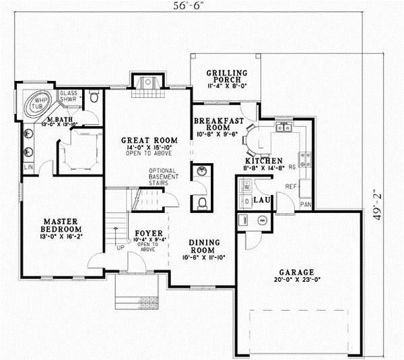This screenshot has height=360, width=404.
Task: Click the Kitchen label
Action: click(263, 161)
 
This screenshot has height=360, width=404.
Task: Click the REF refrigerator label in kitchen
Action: click(290, 185)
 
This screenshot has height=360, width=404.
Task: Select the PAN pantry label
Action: click(306, 203)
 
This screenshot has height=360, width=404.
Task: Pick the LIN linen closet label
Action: click(28, 166)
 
